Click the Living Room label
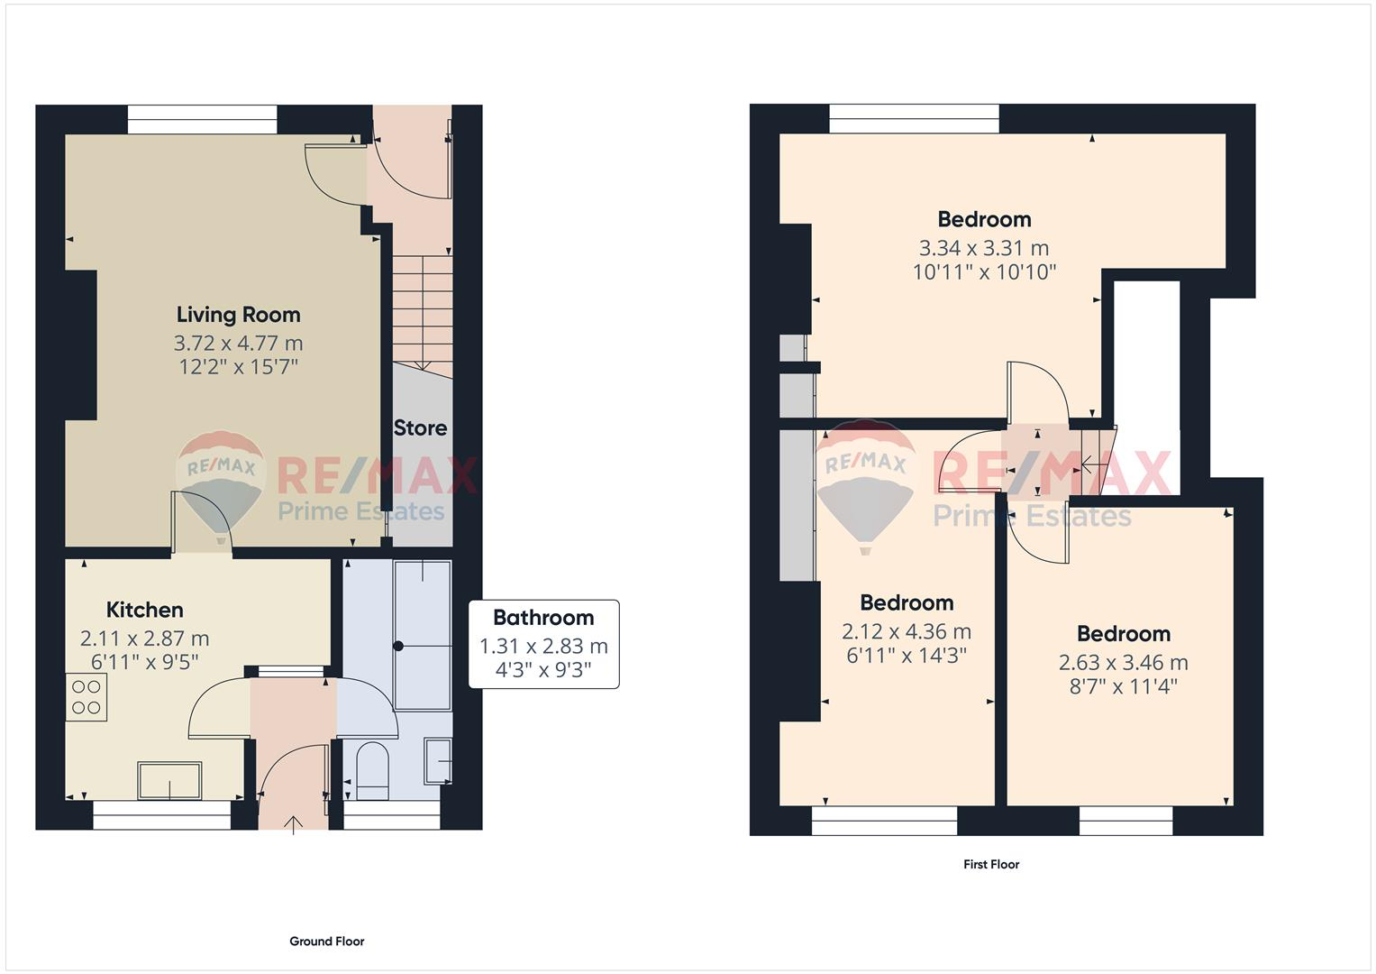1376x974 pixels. pos(238,315)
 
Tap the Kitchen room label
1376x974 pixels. pos(144,610)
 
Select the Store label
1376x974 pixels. pos(420,427)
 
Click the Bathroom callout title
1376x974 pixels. pos(543,618)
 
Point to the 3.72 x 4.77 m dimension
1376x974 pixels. pos(238,344)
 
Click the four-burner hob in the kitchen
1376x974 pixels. pos(86,697)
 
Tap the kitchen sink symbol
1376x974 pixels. pos(169,780)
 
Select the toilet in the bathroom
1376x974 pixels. pos(371,771)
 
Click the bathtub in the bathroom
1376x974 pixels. pos(423,636)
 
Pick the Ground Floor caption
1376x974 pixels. pos(326,942)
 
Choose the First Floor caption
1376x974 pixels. pos(991,864)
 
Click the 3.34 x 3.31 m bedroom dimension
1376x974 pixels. pos(984,248)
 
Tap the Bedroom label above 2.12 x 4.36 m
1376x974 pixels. pos(907,602)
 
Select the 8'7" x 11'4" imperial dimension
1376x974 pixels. pos(1123,686)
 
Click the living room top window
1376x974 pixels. pos(202,119)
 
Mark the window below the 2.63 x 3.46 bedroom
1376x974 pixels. pos(1125,820)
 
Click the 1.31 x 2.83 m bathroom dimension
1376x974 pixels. pos(543,647)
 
